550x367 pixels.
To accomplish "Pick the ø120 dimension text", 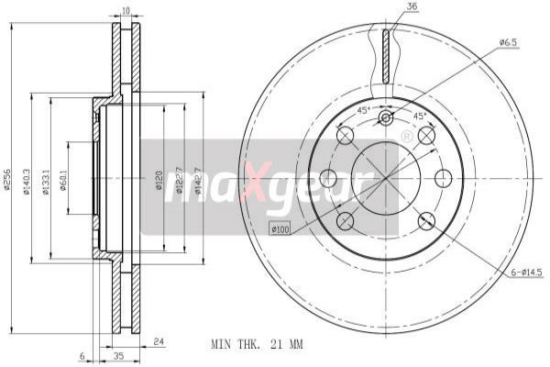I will [158, 180].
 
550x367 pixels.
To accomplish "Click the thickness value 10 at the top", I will [126, 12].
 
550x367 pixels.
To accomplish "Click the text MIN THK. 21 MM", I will [256, 344].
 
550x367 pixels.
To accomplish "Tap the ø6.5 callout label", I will [509, 42].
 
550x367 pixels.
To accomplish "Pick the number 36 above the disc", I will [412, 9].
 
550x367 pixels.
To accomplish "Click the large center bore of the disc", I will [385, 177].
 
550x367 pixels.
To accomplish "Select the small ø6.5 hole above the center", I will [385, 117].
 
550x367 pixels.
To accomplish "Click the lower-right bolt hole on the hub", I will [426, 220].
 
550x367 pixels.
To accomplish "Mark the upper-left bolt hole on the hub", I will [345, 136].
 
